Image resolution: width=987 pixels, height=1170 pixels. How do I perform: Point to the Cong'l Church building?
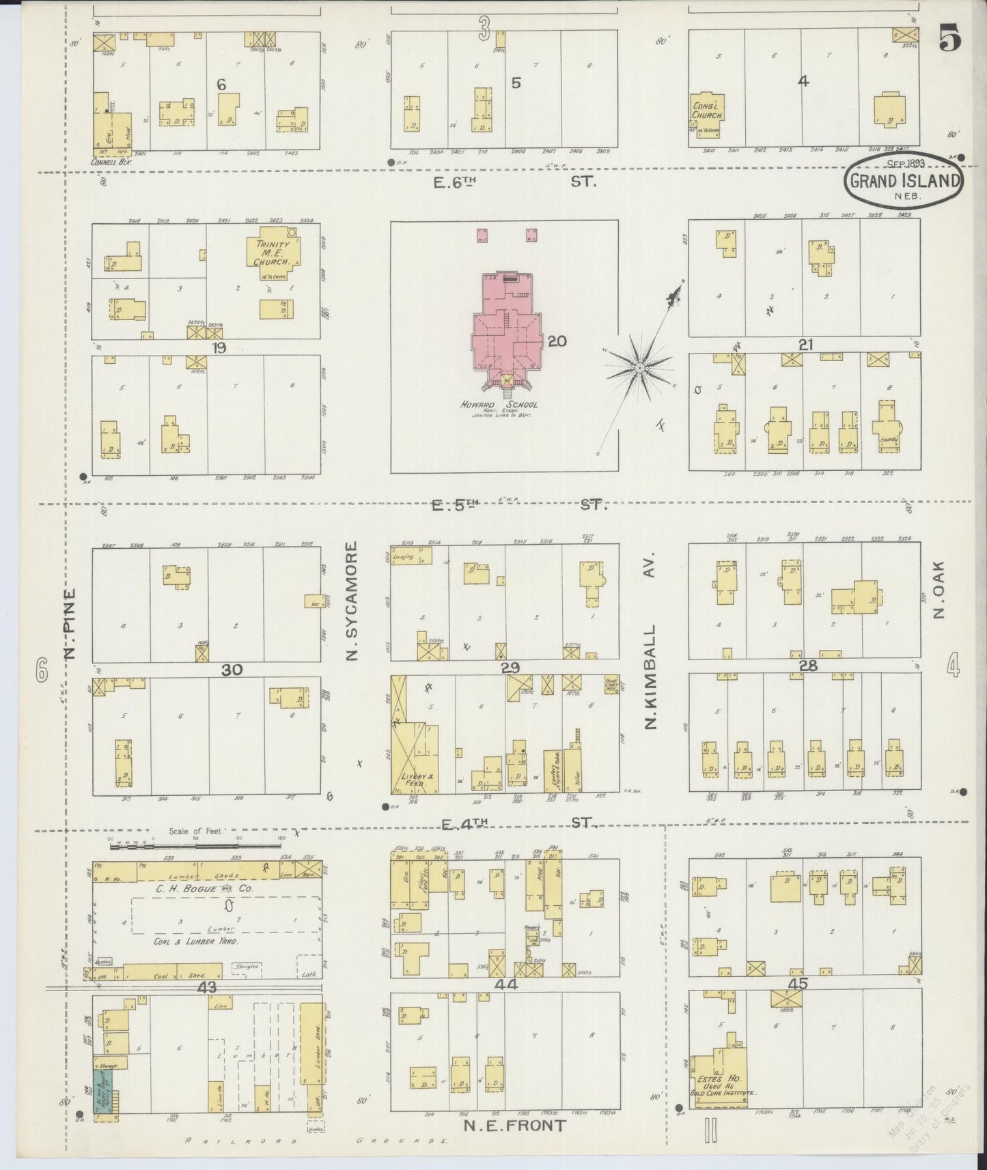coord(708,111)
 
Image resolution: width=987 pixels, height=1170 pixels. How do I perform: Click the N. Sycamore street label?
coord(352,602)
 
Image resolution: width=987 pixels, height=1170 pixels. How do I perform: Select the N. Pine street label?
coord(70,624)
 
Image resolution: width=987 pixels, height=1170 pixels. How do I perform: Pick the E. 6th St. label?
coord(514,182)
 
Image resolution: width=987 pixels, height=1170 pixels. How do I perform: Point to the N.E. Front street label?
coord(515,1126)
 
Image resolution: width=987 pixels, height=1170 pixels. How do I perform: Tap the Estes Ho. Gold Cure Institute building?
coord(717,1081)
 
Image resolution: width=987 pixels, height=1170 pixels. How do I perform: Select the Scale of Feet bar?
coord(196,846)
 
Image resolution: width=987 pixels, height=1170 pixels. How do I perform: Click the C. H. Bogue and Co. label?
coord(195,889)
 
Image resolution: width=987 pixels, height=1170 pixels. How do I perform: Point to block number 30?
coord(232,670)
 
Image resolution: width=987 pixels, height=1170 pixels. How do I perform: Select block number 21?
coord(806,345)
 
